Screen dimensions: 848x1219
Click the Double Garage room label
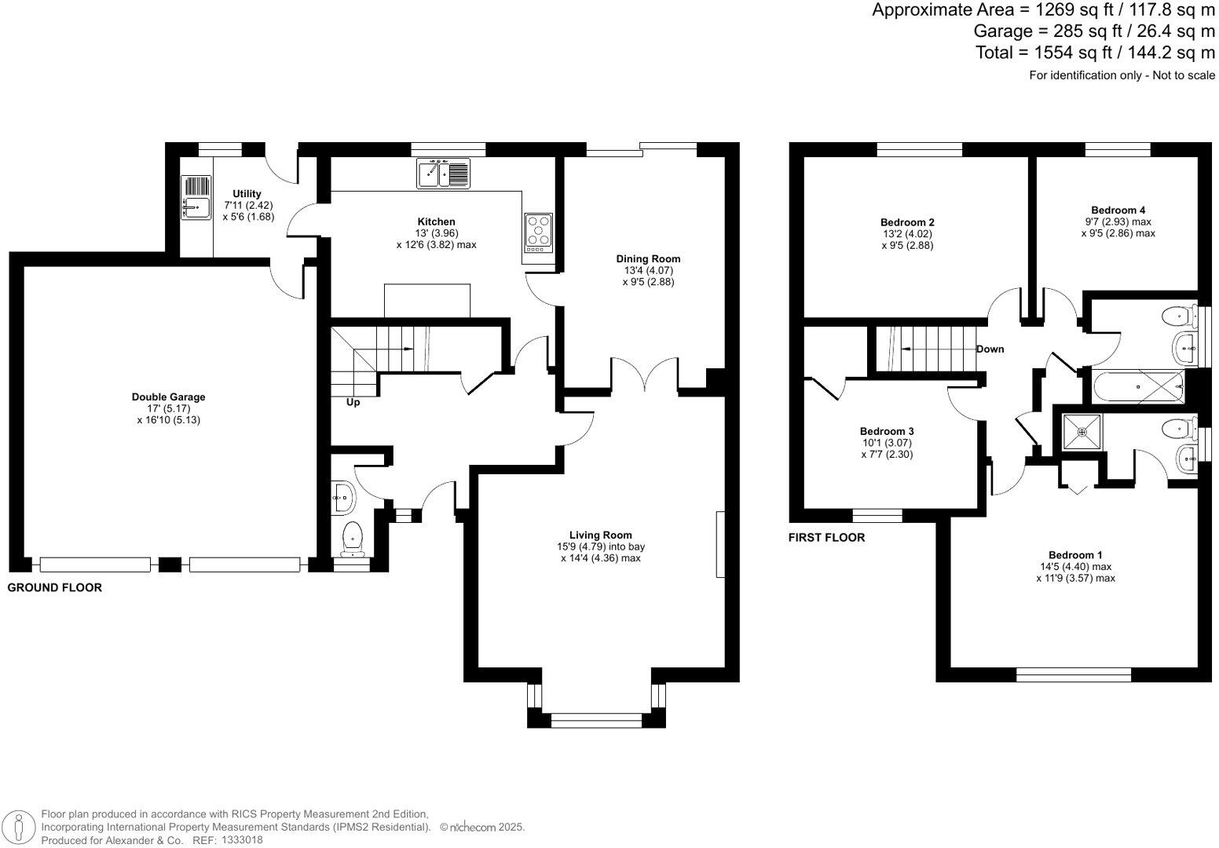[x=168, y=397]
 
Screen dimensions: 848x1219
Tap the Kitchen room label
[x=435, y=222]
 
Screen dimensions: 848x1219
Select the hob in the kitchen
[x=538, y=232]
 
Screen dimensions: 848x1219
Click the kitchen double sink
[x=443, y=173]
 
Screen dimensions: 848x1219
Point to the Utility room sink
[x=196, y=197]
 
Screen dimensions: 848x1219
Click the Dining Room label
[x=648, y=259]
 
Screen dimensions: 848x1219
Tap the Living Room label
[x=601, y=535]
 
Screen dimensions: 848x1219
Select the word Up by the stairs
[x=353, y=403]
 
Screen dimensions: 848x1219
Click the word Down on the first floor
[x=990, y=349]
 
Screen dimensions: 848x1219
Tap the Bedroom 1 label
[x=1075, y=555]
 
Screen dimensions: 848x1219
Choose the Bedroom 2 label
[x=907, y=223]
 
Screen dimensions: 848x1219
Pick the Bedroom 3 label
[x=887, y=432]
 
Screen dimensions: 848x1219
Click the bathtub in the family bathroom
[x=1137, y=387]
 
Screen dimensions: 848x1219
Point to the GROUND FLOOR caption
[x=55, y=587]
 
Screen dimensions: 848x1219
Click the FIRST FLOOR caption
[x=826, y=538]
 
